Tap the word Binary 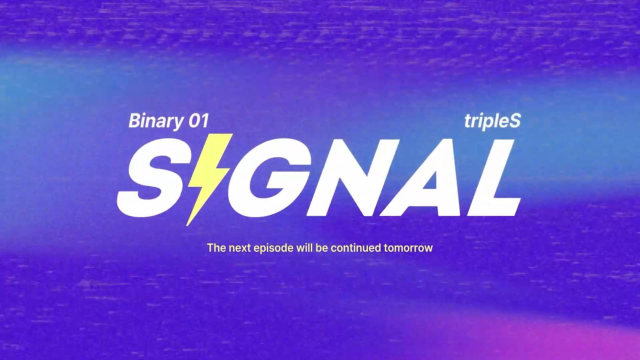pos(156,121)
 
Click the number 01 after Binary pos(199,121)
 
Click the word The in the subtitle pos(216,248)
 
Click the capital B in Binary pos(134,121)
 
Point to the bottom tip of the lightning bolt pos(187,225)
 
